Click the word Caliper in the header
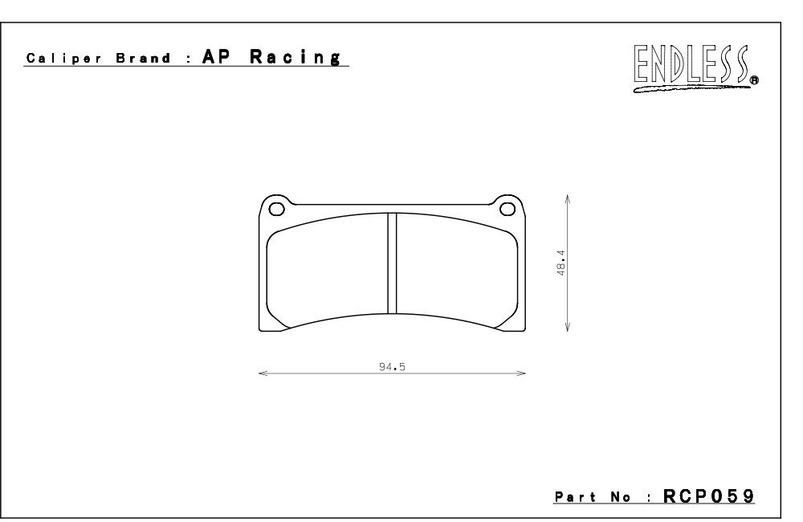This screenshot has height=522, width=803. (x=64, y=59)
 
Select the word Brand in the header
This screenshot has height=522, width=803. (x=144, y=58)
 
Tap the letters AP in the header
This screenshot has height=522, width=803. (x=216, y=56)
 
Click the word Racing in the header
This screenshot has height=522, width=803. (x=296, y=57)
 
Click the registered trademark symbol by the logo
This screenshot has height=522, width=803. (x=754, y=80)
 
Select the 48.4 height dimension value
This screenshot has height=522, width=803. (x=560, y=263)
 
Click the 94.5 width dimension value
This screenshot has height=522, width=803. (x=393, y=367)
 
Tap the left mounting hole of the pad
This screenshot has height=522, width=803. (x=276, y=209)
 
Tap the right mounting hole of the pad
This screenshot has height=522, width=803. (x=507, y=209)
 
